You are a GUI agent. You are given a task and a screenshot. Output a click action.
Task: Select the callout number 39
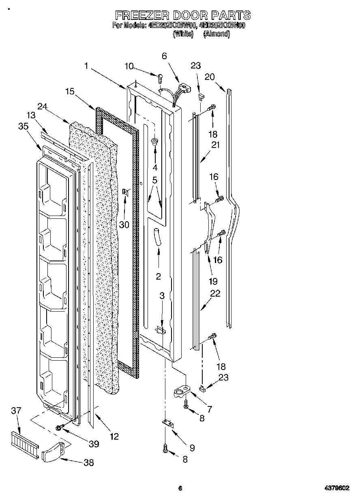(x=94, y=444)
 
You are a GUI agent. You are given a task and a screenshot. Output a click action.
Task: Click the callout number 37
(x=16, y=411)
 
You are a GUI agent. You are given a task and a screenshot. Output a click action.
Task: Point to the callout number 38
(x=88, y=462)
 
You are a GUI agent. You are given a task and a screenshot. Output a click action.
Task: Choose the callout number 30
(x=124, y=224)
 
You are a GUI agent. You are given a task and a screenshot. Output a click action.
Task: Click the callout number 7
(x=210, y=409)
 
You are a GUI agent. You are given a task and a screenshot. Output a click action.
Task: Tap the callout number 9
(x=192, y=448)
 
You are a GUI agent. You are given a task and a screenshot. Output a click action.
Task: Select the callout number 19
(x=212, y=281)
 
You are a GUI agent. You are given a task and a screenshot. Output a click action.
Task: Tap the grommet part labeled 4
(x=155, y=141)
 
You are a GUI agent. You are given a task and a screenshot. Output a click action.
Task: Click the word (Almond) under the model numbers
(x=216, y=34)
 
